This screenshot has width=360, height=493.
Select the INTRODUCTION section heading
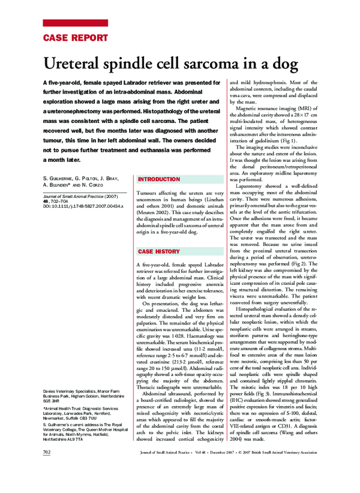click(159, 179)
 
